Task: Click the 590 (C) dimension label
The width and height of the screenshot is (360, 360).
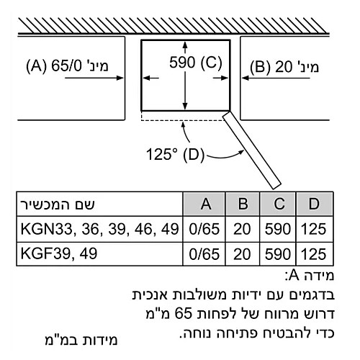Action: click(x=196, y=63)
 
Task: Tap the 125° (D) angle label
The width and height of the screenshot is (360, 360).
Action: click(x=175, y=154)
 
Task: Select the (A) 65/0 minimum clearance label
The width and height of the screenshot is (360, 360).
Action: click(x=67, y=66)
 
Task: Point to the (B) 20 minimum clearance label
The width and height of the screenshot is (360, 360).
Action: click(x=284, y=67)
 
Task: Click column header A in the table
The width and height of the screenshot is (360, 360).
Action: click(x=206, y=204)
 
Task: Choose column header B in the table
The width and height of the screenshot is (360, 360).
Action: click(x=243, y=204)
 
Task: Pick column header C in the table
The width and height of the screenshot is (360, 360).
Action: click(x=279, y=204)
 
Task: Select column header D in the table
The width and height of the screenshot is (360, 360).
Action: click(x=314, y=204)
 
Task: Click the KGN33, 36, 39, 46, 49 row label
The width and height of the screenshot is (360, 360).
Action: click(x=99, y=229)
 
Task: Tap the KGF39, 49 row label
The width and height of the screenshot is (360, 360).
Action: click(x=59, y=253)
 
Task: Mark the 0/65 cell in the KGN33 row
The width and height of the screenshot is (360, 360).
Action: click(x=204, y=229)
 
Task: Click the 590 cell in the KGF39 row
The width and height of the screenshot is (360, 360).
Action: click(x=278, y=254)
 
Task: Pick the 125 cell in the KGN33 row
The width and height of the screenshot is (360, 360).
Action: click(x=314, y=229)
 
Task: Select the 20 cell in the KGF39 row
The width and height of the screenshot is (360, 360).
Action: click(x=242, y=254)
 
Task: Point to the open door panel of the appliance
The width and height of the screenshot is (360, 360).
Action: click(x=252, y=150)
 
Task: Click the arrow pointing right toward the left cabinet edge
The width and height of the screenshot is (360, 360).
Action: click(x=94, y=78)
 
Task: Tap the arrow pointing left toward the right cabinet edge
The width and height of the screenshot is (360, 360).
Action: click(x=276, y=78)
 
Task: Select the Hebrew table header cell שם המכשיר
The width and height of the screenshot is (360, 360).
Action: click(x=58, y=204)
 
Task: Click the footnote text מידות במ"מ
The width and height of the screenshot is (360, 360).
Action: click(x=81, y=340)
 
